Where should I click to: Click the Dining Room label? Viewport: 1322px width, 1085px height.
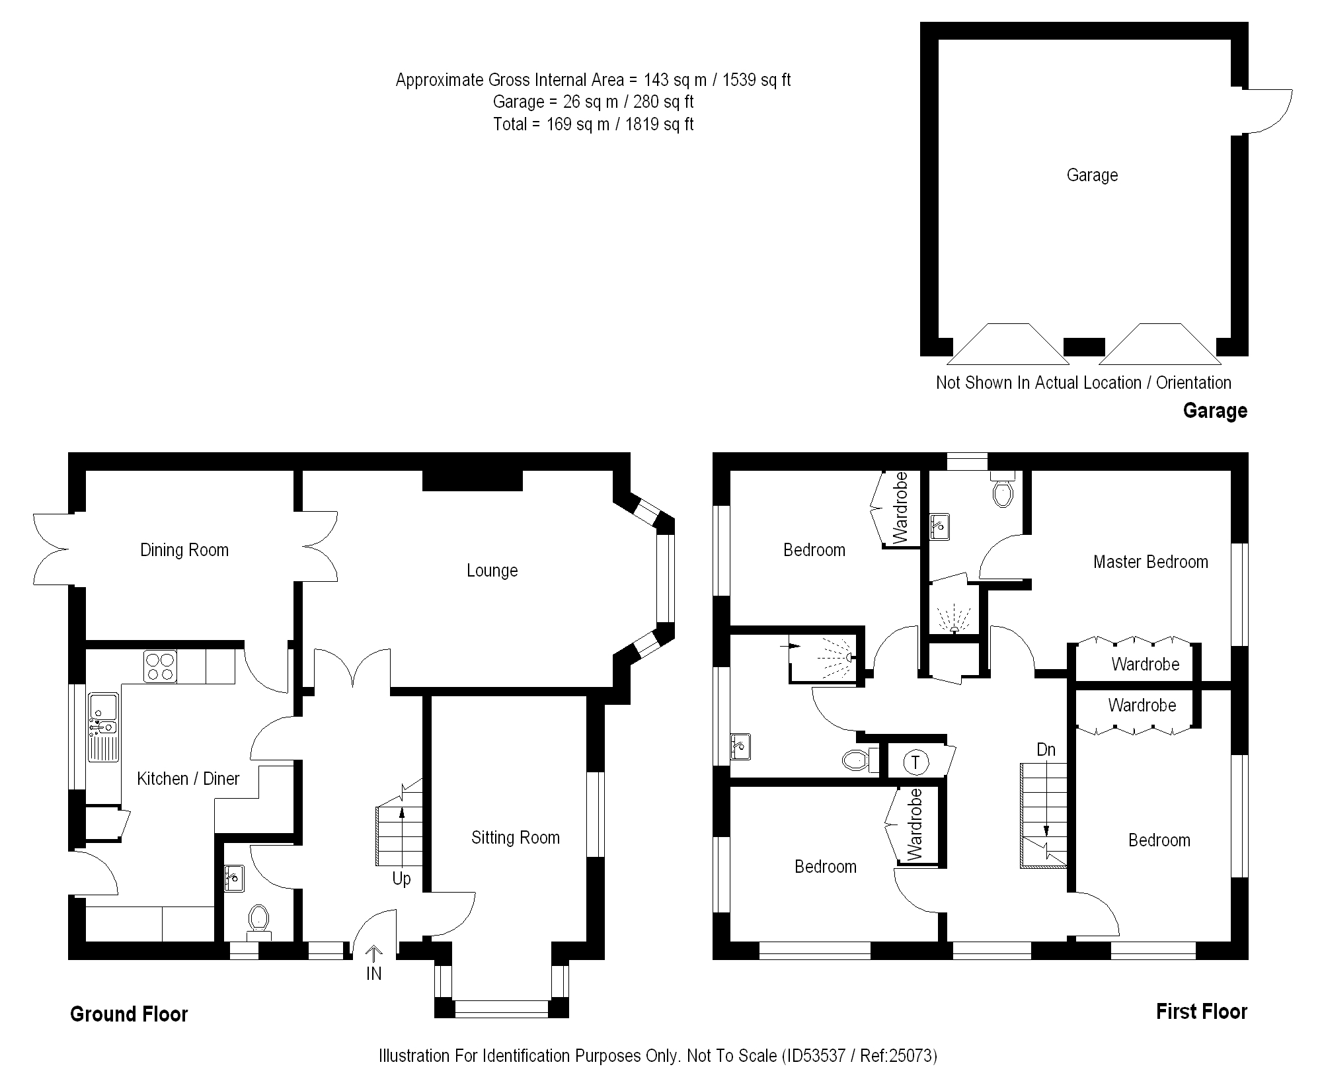[x=184, y=550]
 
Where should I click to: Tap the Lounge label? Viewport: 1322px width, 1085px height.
[x=492, y=571]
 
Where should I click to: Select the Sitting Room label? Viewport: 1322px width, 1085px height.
[x=515, y=838]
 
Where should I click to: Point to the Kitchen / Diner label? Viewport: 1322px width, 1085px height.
[x=188, y=779]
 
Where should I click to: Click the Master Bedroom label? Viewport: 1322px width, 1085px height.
[x=1150, y=562]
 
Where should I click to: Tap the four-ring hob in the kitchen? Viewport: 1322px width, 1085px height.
[x=160, y=666]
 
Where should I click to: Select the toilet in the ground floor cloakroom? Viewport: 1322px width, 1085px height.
[x=258, y=920]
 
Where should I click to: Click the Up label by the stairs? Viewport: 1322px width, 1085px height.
[x=401, y=879]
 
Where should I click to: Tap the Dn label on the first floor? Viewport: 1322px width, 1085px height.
[x=1046, y=750]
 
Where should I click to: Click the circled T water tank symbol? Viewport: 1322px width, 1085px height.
[x=915, y=762]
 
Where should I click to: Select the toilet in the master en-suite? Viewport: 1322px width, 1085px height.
[x=1002, y=492]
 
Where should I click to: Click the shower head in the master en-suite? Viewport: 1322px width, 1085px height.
[x=953, y=628]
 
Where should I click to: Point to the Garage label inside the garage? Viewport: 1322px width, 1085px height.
[x=1092, y=175]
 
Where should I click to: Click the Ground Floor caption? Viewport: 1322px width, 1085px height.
[x=129, y=1014]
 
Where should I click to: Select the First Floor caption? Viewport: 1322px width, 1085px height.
[x=1201, y=1012]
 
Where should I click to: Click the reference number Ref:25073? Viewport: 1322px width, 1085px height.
[x=898, y=1056]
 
